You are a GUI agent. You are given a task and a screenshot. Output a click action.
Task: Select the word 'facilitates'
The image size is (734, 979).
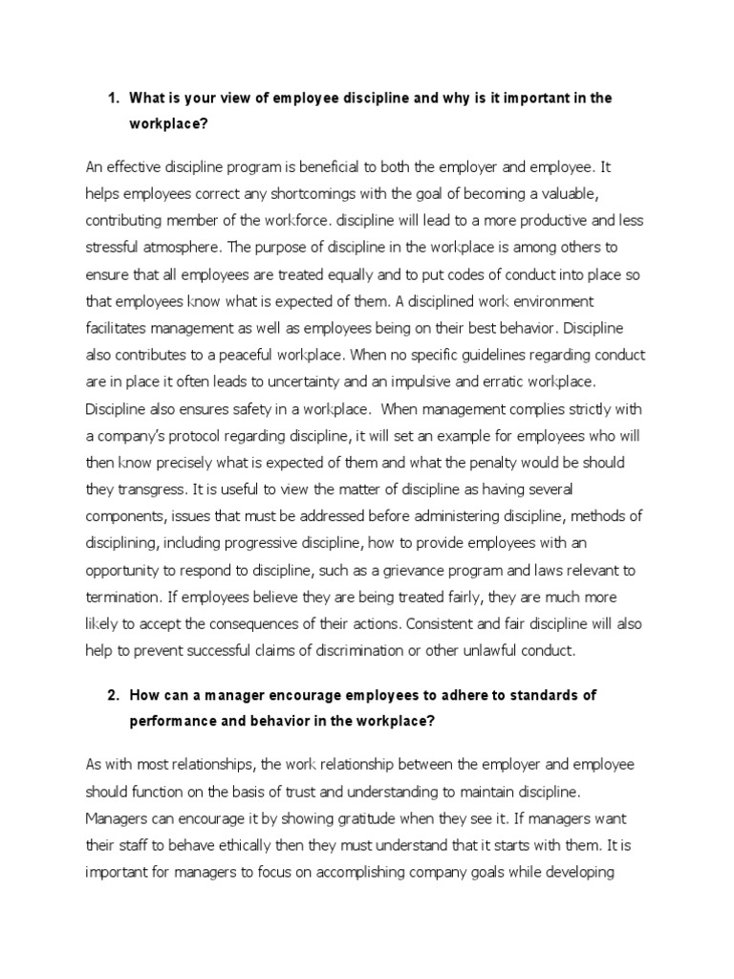pyautogui.click(x=119, y=328)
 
